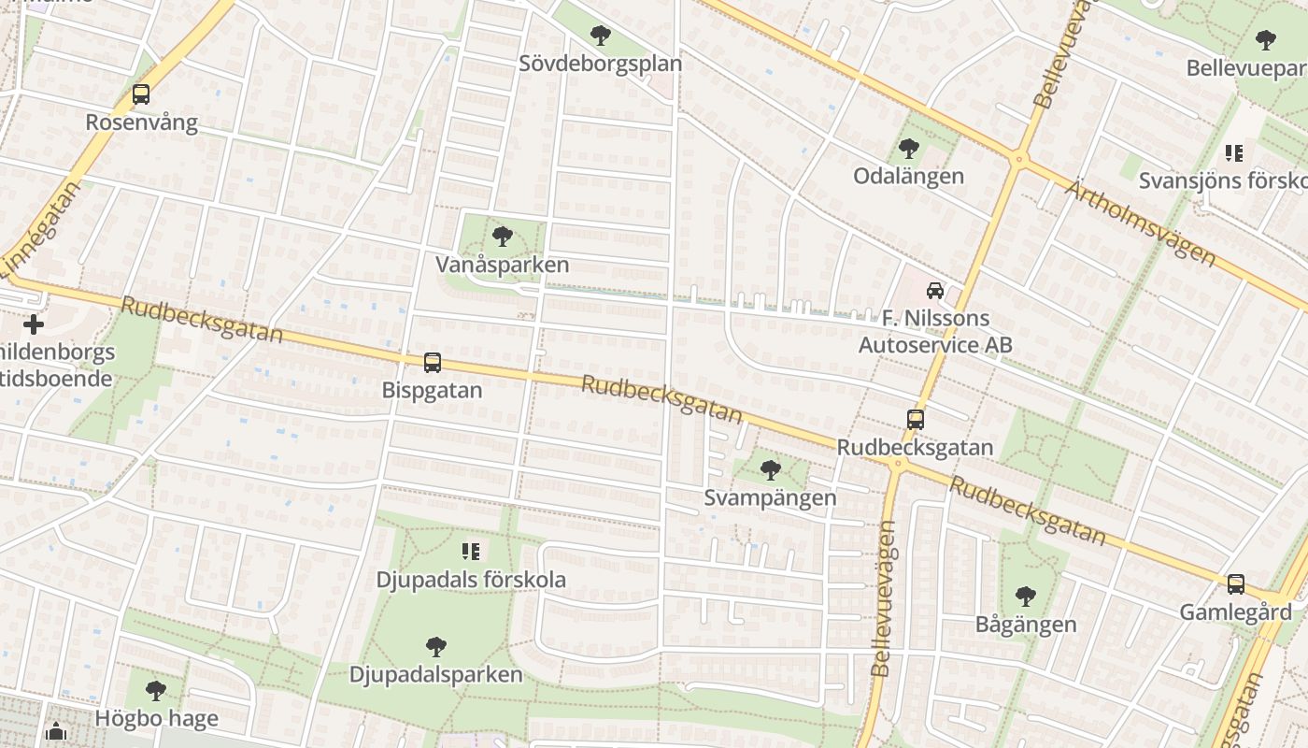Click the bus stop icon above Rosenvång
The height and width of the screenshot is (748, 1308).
(141, 94)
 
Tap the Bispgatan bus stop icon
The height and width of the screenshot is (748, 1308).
(432, 363)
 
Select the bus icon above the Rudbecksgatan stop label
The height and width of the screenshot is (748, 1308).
(916, 420)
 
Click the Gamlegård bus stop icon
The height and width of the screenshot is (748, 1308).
(1235, 584)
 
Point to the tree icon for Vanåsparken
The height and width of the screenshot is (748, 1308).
(503, 237)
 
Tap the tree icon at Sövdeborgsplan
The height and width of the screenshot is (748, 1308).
(601, 36)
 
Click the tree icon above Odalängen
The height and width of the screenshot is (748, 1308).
(909, 149)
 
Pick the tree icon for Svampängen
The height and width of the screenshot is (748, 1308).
(771, 469)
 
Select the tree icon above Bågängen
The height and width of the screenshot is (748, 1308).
(1026, 597)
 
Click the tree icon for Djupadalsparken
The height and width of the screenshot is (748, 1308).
(435, 646)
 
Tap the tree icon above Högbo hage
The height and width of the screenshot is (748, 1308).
(156, 691)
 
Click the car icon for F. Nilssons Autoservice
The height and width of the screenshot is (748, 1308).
(935, 291)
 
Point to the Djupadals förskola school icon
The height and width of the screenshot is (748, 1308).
(471, 552)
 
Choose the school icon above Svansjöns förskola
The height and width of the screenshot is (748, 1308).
(1234, 152)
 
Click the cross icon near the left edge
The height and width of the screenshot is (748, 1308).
(34, 324)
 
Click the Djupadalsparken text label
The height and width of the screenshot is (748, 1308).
(435, 674)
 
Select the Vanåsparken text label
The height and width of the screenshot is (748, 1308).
(502, 265)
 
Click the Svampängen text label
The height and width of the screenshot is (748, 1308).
(770, 497)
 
